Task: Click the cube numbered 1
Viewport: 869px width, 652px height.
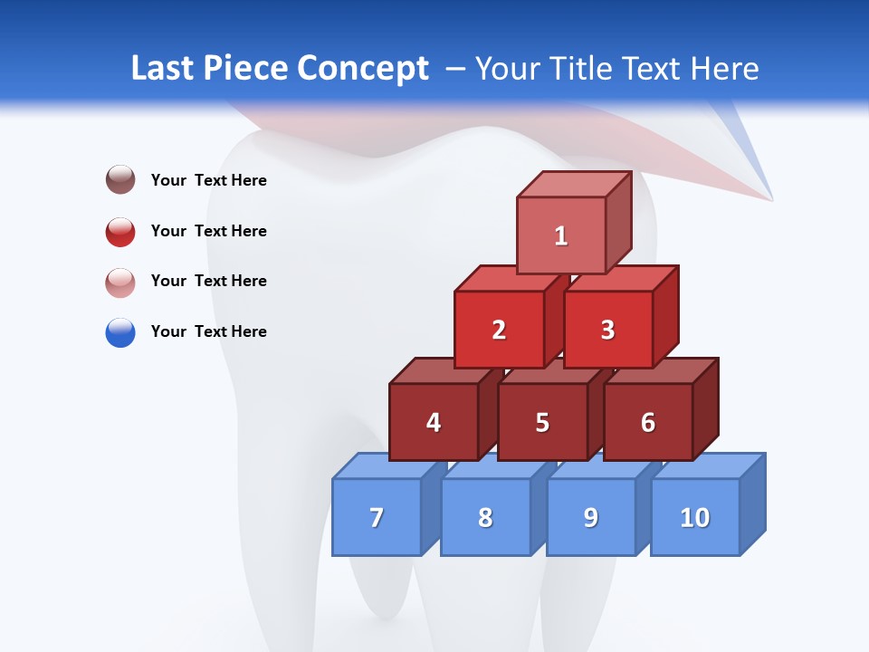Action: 561,235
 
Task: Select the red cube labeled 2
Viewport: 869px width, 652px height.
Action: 499,330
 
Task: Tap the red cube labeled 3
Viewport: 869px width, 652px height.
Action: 607,330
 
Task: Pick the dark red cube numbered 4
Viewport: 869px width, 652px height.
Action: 434,422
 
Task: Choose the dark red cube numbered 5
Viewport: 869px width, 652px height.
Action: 542,422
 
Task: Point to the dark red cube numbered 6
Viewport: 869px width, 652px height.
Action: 648,422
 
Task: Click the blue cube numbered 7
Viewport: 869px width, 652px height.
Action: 377,517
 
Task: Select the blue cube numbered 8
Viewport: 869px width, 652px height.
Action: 485,517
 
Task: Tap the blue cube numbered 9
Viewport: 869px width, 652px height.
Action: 591,517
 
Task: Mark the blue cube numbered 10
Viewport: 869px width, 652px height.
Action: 695,517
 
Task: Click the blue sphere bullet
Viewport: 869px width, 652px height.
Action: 120,332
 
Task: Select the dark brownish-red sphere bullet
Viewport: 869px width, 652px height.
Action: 120,179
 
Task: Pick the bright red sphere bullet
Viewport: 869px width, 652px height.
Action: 120,232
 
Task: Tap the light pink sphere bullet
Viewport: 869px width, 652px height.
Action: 120,283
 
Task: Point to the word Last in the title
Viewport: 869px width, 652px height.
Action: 164,69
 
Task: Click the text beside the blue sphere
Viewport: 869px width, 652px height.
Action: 209,331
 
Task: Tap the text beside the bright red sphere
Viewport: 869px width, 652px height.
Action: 209,231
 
